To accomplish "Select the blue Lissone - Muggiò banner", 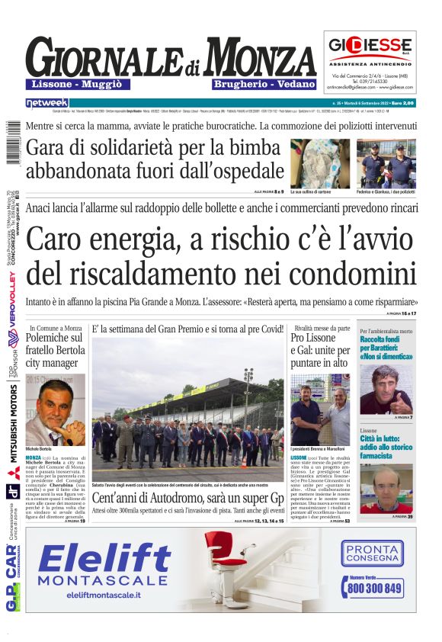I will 78,84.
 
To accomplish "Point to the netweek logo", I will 47,102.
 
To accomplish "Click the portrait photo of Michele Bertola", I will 56,409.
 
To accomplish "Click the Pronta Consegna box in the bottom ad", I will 373,553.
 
